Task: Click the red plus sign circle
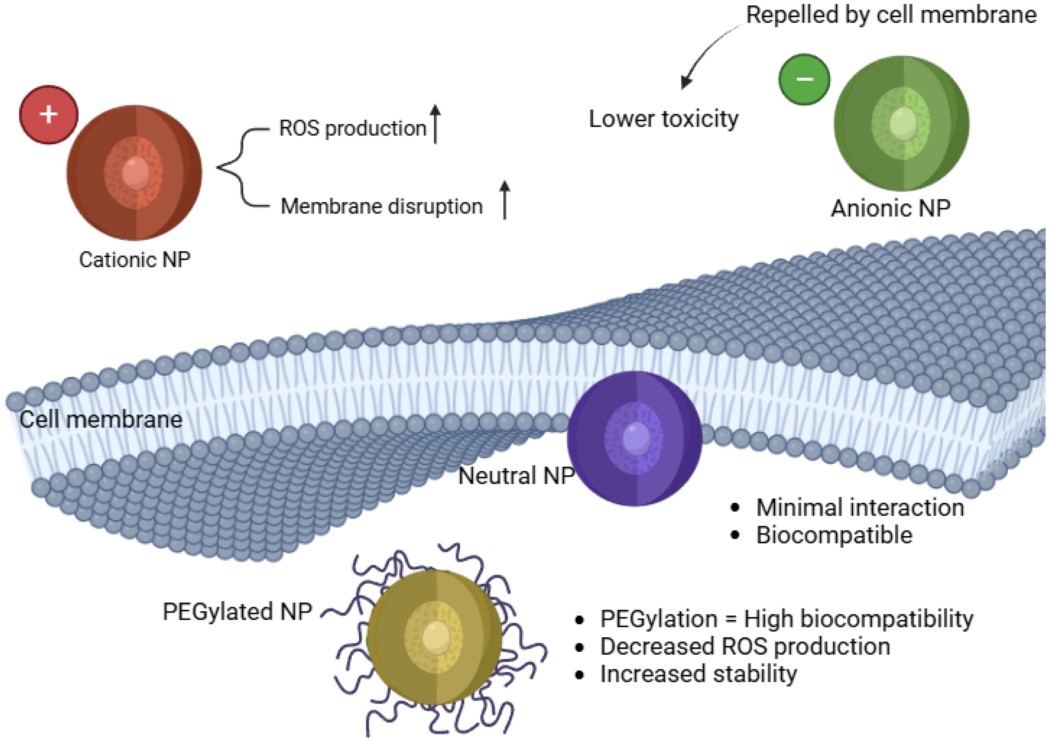pos(48,114)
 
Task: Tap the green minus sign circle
pos(804,79)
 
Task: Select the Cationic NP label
pos(134,260)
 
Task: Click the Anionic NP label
pos(890,208)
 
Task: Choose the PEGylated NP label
pos(237,611)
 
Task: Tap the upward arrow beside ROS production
pos(435,124)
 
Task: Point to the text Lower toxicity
pos(663,119)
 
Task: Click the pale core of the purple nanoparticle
pos(636,438)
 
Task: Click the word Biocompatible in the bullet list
pos(834,535)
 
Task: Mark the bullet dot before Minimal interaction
pos(735,507)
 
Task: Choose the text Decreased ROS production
pos(745,647)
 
